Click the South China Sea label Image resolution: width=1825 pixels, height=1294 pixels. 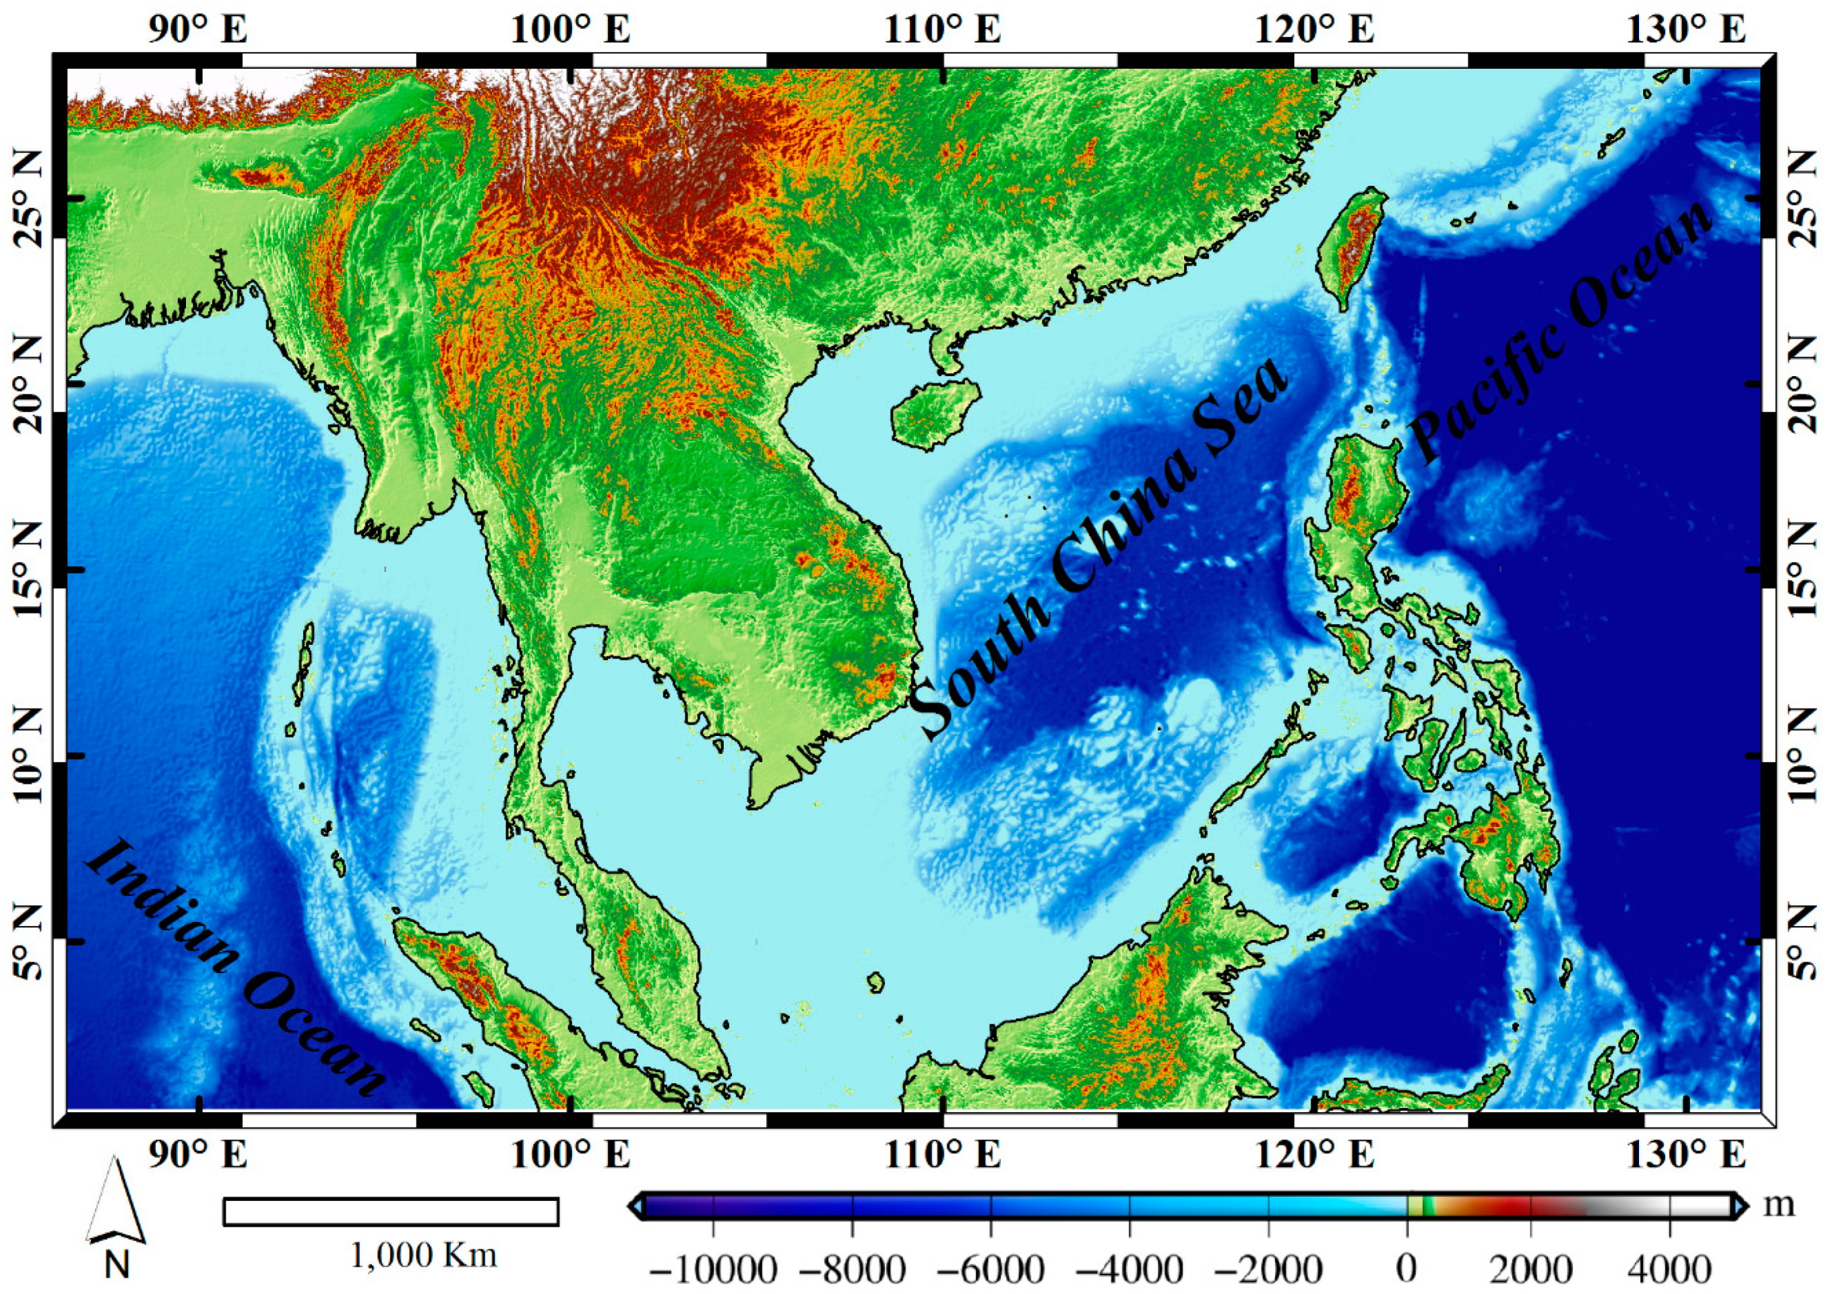pos(1099,550)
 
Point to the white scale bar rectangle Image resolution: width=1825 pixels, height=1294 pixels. pos(390,1212)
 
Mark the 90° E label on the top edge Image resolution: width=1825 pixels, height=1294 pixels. pos(197,30)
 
